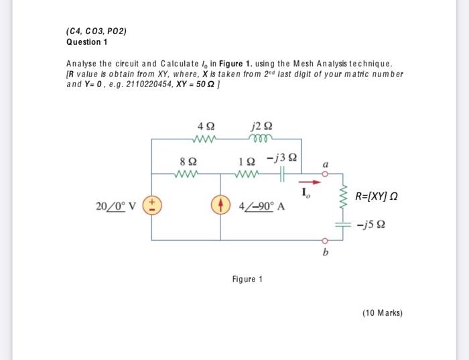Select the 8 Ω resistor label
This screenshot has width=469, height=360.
point(188,161)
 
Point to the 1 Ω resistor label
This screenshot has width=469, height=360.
point(245,161)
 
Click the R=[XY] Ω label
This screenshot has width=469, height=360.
point(380,196)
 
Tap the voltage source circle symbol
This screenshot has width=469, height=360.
point(152,204)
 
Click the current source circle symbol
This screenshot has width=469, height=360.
point(221,204)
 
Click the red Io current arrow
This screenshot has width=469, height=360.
point(308,180)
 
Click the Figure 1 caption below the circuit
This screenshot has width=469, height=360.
point(247,279)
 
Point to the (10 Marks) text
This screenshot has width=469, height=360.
point(381,312)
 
